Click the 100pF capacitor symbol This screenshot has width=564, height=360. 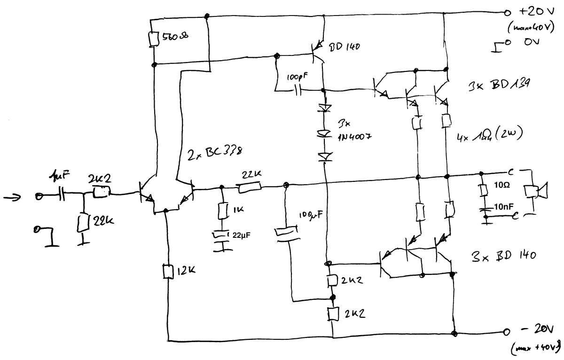297,89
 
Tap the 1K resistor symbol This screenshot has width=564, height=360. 222,210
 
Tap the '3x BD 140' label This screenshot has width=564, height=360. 503,257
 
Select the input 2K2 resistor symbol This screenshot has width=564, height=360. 101,192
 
